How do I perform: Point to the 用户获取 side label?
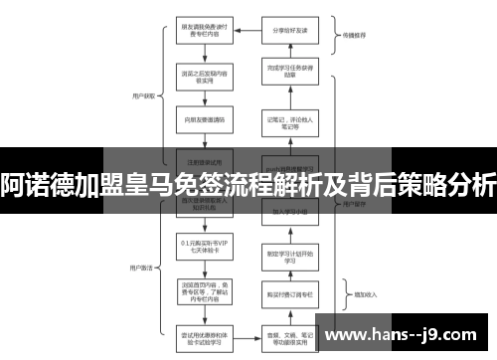(143, 96)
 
